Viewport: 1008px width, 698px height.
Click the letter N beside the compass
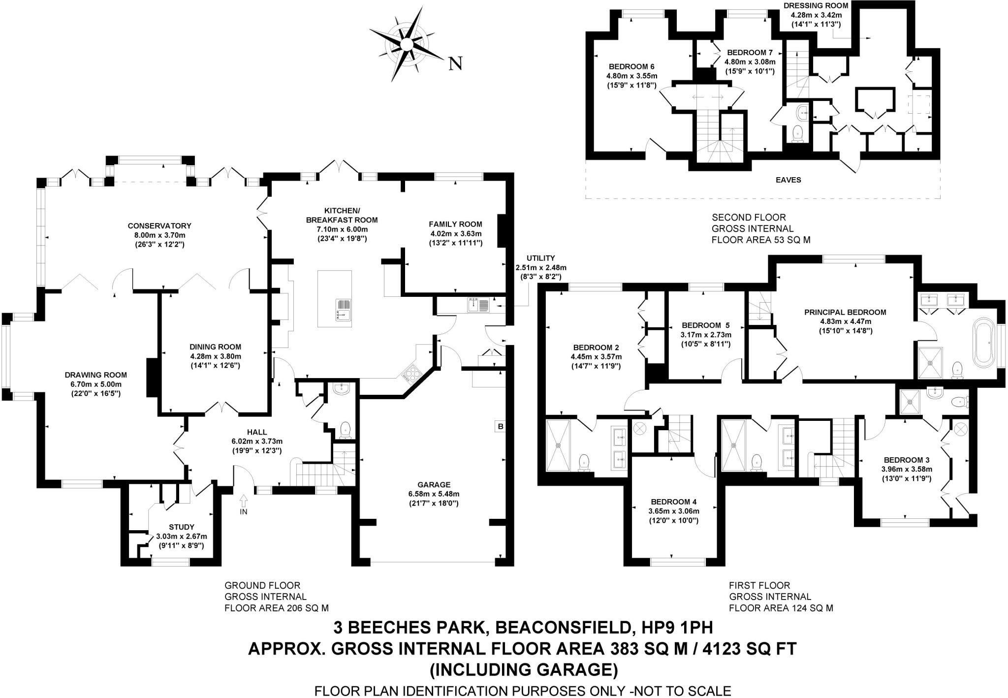(456, 63)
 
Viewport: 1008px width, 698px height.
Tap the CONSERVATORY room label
(159, 226)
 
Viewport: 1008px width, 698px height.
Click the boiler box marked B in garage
(501, 427)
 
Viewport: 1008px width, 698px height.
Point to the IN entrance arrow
(243, 505)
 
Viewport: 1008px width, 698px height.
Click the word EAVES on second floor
(788, 180)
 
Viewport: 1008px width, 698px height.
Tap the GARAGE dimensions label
(433, 499)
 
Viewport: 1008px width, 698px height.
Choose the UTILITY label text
(540, 258)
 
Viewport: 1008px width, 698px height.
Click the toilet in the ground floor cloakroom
(345, 429)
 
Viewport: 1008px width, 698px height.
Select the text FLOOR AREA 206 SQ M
(276, 608)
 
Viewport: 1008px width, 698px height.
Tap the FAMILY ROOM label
(455, 224)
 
